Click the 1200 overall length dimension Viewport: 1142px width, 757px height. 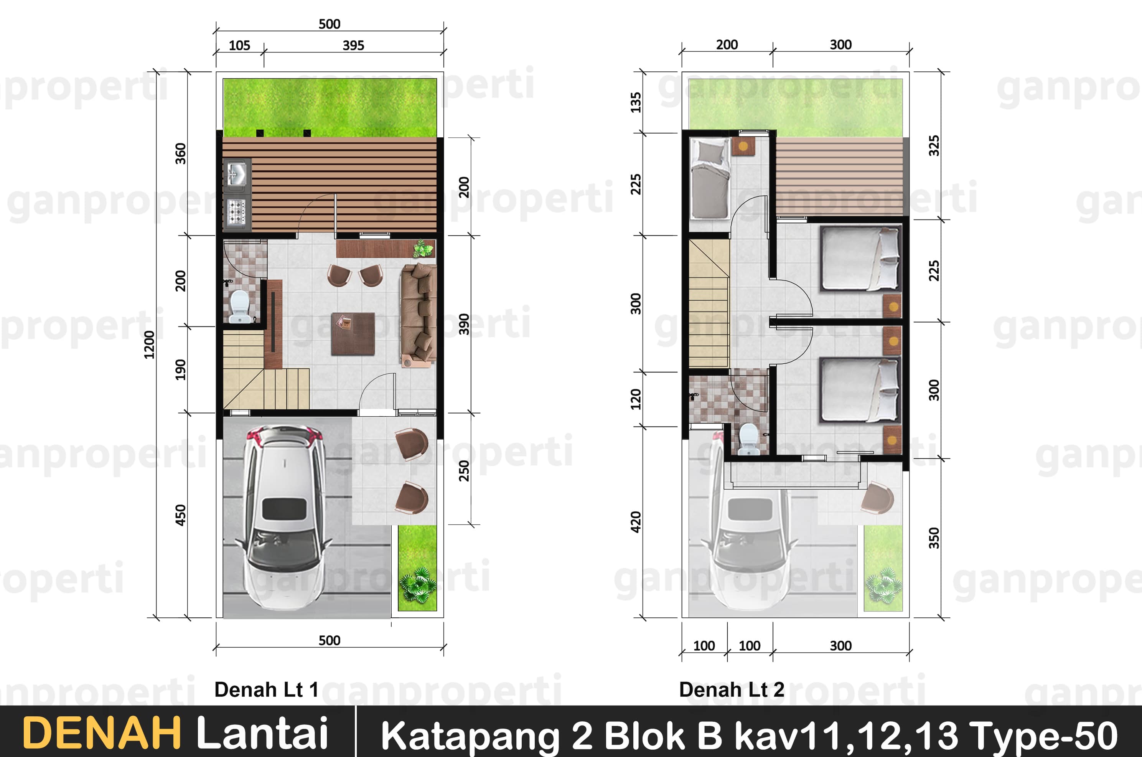click(x=149, y=345)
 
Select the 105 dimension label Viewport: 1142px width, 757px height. click(x=239, y=45)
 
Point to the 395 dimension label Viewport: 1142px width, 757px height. click(x=353, y=45)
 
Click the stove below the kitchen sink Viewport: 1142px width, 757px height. click(x=237, y=212)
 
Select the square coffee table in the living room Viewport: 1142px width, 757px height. click(x=353, y=333)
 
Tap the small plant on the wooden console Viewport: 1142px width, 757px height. click(x=423, y=248)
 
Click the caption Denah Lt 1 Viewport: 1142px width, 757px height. click(x=267, y=689)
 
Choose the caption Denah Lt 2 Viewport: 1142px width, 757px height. click(x=732, y=689)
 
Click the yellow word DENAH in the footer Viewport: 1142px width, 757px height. click(x=102, y=733)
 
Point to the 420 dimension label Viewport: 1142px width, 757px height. click(x=636, y=522)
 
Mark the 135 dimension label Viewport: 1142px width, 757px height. click(x=636, y=102)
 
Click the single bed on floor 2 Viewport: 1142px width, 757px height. click(x=710, y=179)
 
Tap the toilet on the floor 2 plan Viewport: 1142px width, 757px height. click(x=749, y=439)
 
